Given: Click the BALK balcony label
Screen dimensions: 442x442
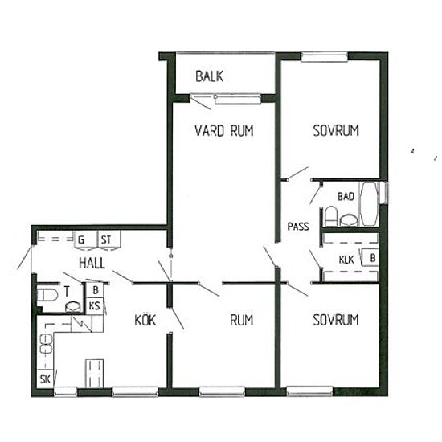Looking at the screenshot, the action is [x=209, y=76].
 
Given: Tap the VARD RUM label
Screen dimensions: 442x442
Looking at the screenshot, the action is [x=224, y=131].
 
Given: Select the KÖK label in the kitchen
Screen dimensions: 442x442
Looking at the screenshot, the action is [x=145, y=320].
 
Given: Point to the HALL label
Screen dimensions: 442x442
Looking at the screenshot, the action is [x=92, y=263].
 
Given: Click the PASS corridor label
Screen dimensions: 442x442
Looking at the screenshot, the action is [x=298, y=227].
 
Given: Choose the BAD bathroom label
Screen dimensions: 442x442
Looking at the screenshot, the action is [x=346, y=196].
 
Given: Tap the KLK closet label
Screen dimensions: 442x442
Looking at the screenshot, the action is [x=346, y=260].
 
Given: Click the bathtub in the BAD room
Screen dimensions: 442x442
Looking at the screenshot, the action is [x=369, y=204].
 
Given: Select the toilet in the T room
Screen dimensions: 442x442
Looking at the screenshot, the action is [x=47, y=295].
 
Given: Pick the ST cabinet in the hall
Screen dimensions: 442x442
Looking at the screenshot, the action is [x=109, y=239].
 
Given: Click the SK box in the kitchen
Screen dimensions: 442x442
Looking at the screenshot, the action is [x=45, y=379].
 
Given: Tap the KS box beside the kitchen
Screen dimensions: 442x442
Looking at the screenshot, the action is [x=95, y=305].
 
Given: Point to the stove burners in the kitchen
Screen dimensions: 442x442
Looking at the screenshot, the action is [x=47, y=344].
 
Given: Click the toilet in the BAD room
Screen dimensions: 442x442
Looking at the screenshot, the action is [x=331, y=216].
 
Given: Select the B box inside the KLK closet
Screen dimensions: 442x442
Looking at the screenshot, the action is [x=370, y=257].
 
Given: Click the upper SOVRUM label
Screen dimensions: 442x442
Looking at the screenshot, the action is [x=336, y=130].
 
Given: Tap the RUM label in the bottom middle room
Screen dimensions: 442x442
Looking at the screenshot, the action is [x=242, y=320].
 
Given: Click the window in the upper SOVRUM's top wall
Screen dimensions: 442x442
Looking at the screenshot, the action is [x=325, y=57].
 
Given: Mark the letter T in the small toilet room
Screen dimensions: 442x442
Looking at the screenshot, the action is [x=67, y=292].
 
